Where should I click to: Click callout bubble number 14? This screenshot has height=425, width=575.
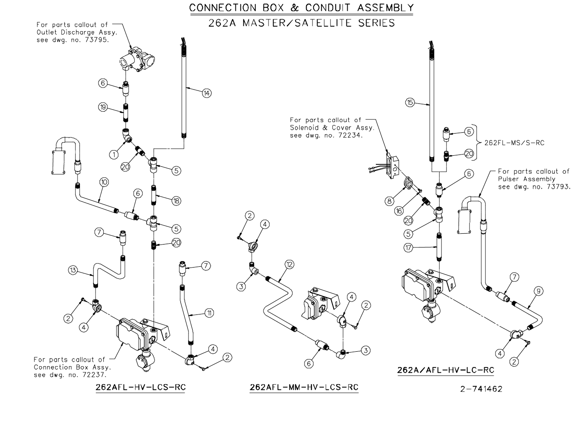(206, 93)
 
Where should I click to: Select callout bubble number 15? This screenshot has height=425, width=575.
(410, 102)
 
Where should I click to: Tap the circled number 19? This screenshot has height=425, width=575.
(103, 108)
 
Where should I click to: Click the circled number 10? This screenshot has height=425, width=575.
(104, 182)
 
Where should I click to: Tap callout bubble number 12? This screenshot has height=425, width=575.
(289, 264)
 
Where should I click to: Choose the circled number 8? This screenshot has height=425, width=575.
(389, 200)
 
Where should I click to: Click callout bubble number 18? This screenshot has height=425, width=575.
(176, 201)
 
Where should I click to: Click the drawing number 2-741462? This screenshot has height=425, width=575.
(481, 389)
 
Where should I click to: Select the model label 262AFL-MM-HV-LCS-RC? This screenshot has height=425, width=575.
(304, 387)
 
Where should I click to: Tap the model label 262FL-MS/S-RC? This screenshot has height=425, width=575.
(514, 142)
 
